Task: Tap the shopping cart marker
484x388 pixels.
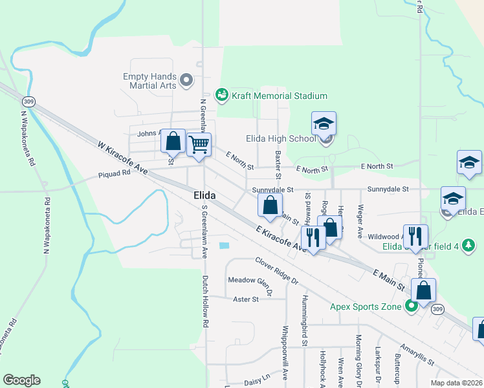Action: point(199,144)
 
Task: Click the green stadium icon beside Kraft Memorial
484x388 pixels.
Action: point(222,96)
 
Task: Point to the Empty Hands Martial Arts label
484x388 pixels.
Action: point(149,81)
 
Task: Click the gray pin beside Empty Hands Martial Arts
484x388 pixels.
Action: point(187,81)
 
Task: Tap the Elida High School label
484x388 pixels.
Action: point(280,138)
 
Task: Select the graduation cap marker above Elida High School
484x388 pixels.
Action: point(324,124)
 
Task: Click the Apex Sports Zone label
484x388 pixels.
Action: point(366,307)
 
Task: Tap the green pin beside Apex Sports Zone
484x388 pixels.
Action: point(411,307)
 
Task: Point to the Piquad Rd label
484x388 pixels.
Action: point(113,175)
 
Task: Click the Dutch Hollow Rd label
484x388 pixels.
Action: point(205,301)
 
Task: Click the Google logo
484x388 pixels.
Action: point(21,380)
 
